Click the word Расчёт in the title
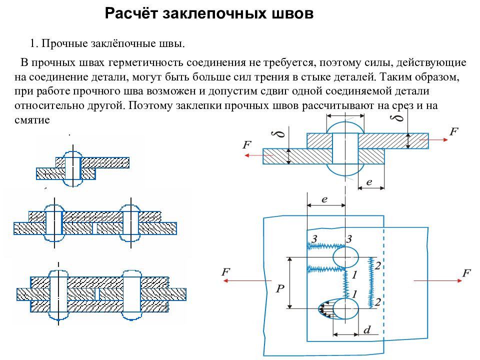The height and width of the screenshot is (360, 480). pos(130,13)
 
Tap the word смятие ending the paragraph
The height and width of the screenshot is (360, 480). pos(32,119)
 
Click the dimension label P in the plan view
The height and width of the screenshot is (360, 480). pos(280,288)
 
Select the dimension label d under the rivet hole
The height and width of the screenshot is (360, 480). pos(367,329)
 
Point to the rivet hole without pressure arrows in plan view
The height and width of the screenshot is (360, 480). pos(345,257)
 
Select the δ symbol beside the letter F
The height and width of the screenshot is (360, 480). pos(279,134)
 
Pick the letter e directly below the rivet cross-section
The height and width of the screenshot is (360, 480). pos(369,182)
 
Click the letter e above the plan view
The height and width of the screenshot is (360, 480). pos(324,199)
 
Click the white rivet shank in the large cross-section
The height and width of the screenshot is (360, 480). pos(345,148)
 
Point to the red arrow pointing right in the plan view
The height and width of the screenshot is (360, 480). pos(438,280)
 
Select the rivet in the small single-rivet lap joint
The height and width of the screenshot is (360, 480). pos(73,168)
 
